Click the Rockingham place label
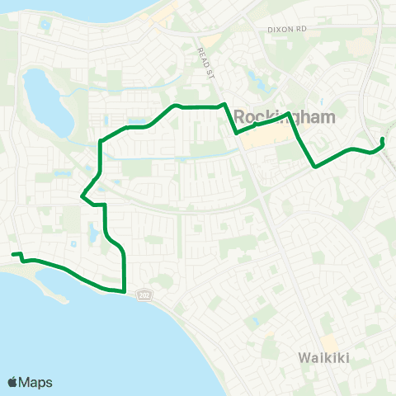pos(285,116)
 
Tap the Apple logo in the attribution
pos(13,382)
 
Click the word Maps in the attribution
pos(37,382)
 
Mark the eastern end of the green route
pos(382,139)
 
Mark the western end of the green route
pos(13,254)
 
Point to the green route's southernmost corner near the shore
pos(124,290)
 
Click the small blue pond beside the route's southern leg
pos(92,234)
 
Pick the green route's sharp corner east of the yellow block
pos(314,166)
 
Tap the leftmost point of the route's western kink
pos(82,196)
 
